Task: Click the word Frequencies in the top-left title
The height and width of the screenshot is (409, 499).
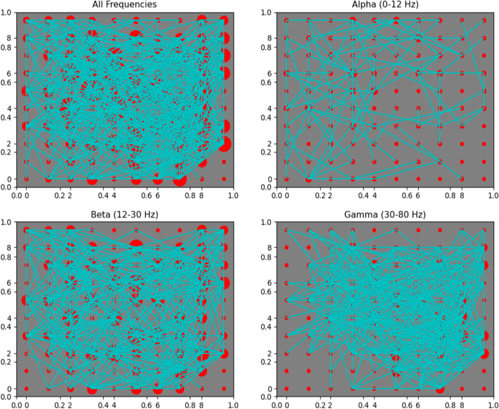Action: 136,5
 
